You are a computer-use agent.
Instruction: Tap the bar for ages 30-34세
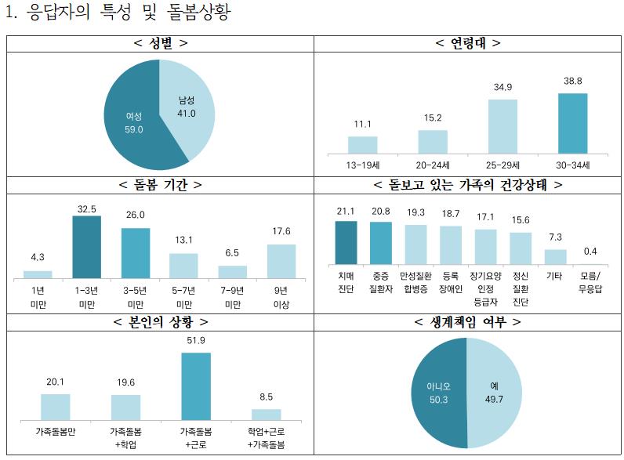pyautogui.click(x=572, y=123)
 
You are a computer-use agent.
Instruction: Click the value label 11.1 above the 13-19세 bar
pyautogui.click(x=362, y=125)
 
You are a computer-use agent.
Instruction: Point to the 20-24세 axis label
pyautogui.click(x=432, y=165)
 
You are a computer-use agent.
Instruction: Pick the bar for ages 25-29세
pyautogui.click(x=502, y=125)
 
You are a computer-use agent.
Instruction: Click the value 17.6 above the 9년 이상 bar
pyautogui.click(x=281, y=231)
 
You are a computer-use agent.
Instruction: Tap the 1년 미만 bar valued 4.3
pyautogui.click(x=38, y=274)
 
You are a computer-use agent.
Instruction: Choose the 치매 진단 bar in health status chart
pyautogui.click(x=346, y=242)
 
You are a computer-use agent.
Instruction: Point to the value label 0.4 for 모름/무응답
pyautogui.click(x=591, y=251)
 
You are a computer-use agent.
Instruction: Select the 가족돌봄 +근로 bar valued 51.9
pyautogui.click(x=196, y=386)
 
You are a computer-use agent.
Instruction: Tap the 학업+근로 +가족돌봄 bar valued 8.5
pyautogui.click(x=266, y=414)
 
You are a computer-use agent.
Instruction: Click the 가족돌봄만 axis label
pyautogui.click(x=56, y=431)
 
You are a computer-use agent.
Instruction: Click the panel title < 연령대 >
pyautogui.click(x=468, y=43)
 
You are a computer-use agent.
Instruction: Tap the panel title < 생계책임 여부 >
pyautogui.click(x=468, y=322)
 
